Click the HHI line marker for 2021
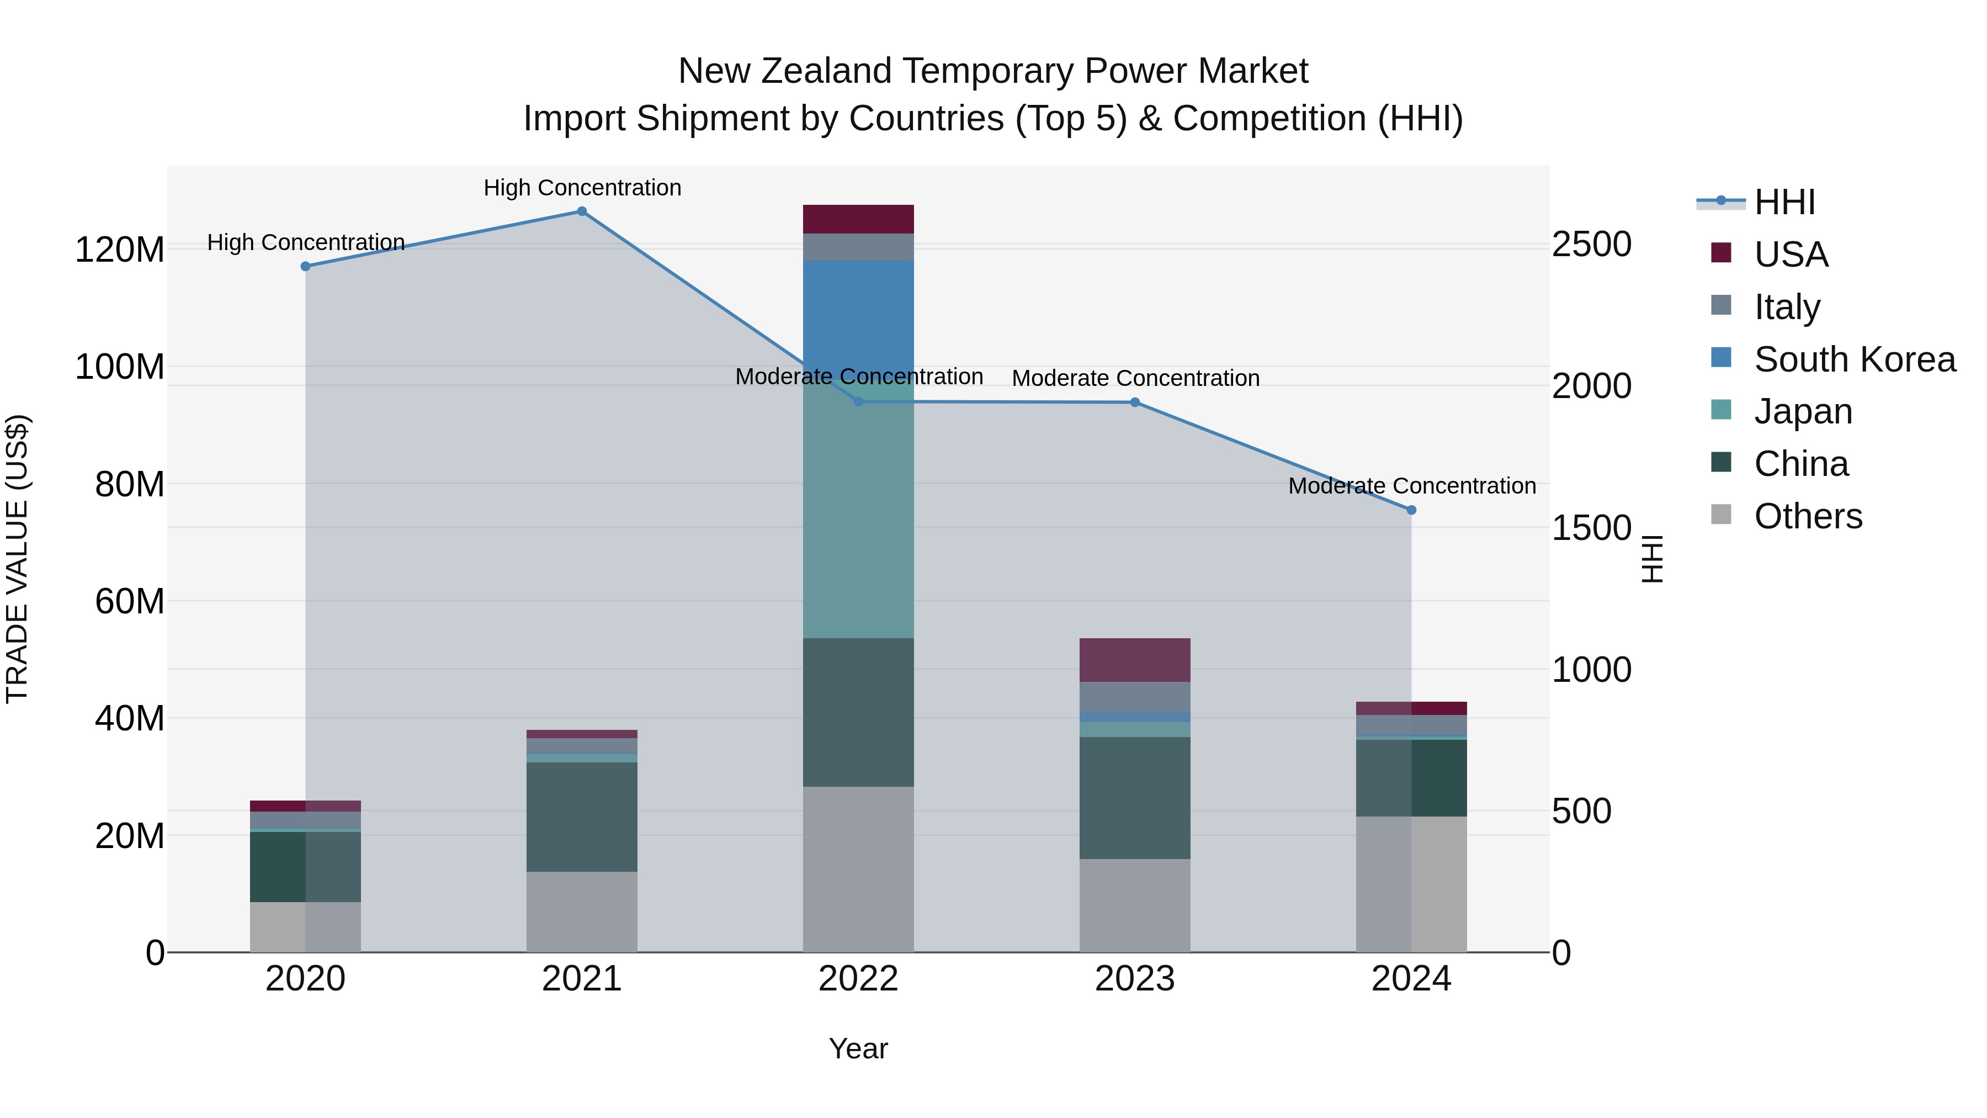pyautogui.click(x=582, y=211)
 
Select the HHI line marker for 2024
pyautogui.click(x=1411, y=510)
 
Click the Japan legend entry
pyautogui.click(x=1802, y=411)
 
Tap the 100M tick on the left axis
pyautogui.click(x=120, y=367)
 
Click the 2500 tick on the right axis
pyautogui.click(x=1591, y=244)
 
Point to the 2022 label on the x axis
pyautogui.click(x=858, y=979)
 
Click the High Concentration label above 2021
pyautogui.click(x=582, y=188)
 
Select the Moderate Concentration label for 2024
pyautogui.click(x=1411, y=486)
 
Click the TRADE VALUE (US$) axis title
pyautogui.click(x=17, y=559)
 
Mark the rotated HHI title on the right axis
pyautogui.click(x=1652, y=559)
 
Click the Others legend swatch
pyautogui.click(x=1721, y=515)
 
